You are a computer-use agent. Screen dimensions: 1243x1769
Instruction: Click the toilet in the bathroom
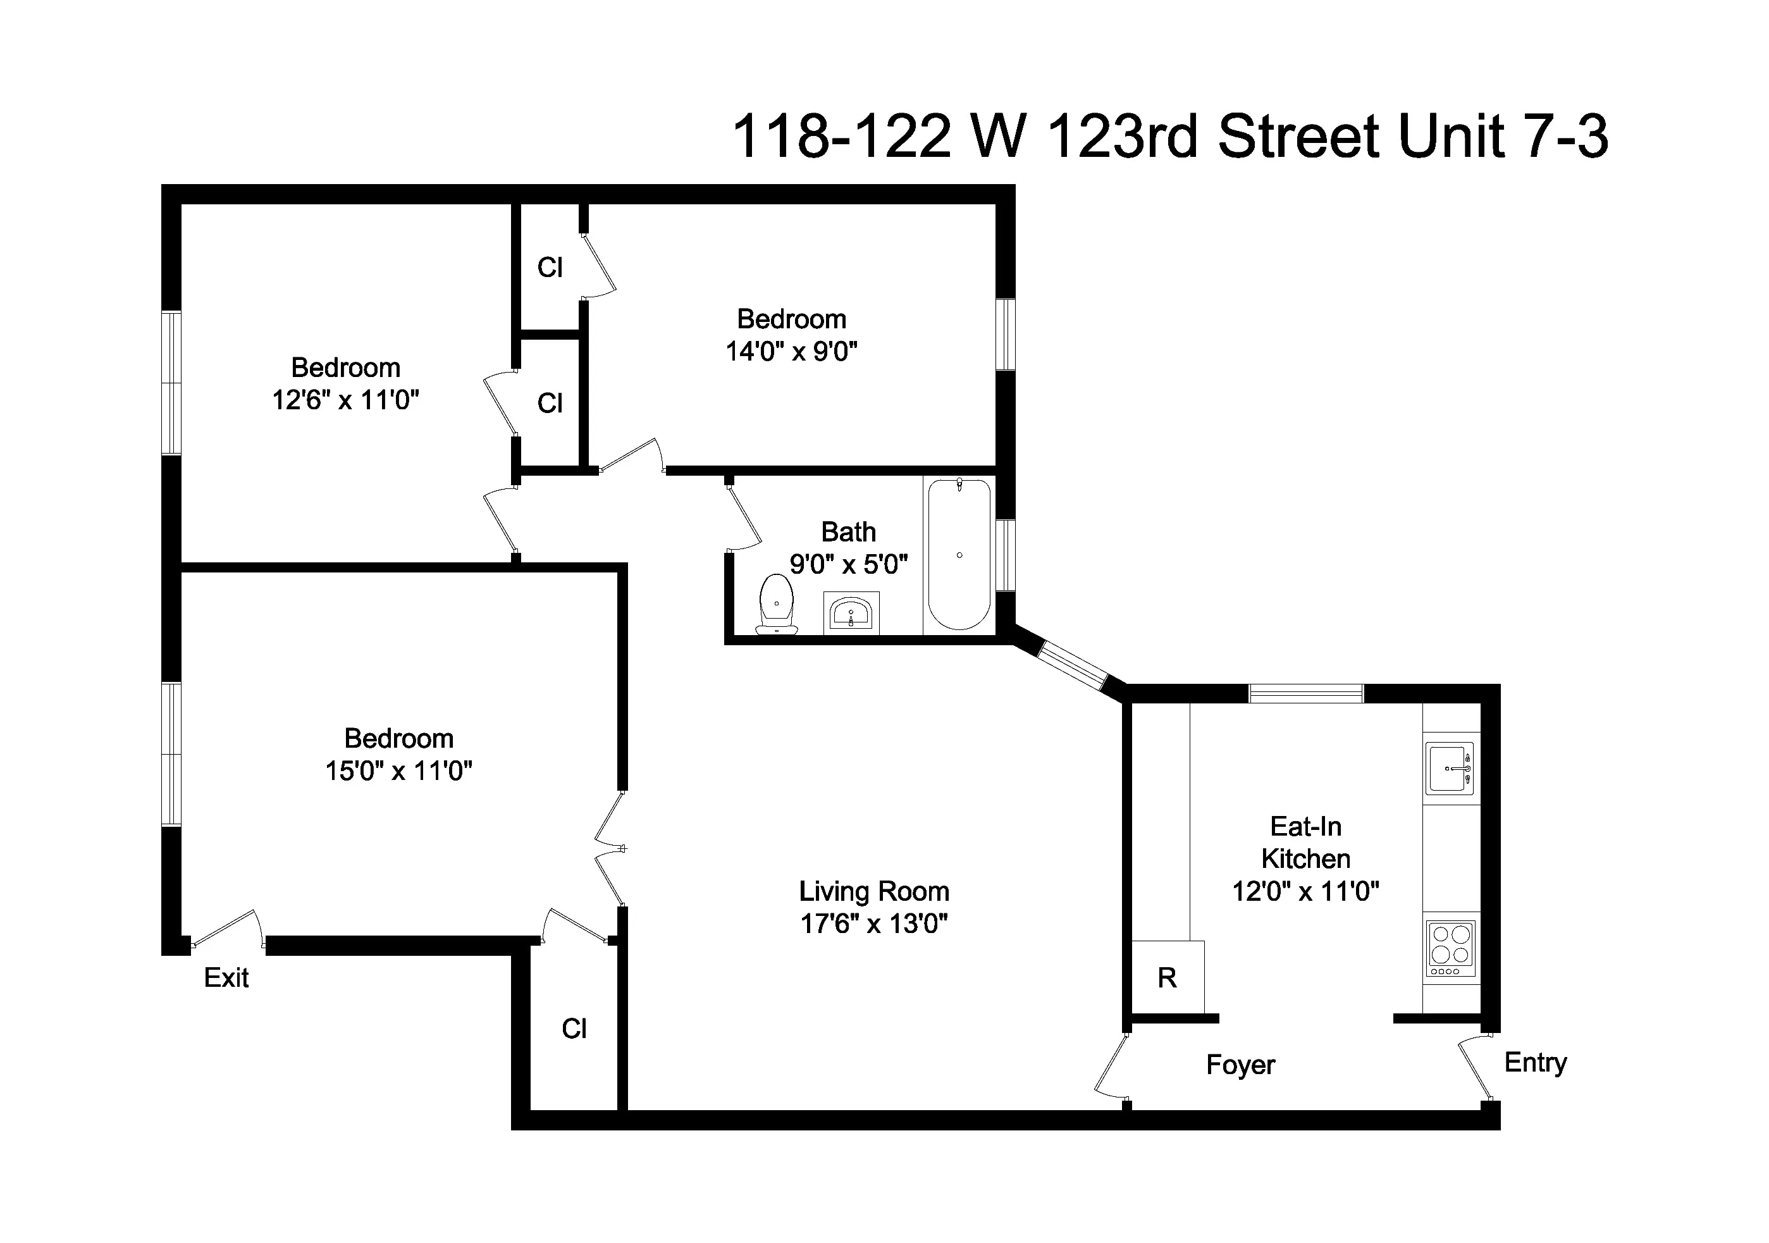[x=776, y=605]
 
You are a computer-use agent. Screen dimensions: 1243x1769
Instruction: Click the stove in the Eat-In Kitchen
[x=1452, y=949]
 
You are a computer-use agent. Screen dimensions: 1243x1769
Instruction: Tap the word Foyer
[x=1240, y=1065]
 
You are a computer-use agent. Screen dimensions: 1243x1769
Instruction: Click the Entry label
[x=1535, y=1063]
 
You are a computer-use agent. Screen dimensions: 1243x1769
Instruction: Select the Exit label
[x=226, y=978]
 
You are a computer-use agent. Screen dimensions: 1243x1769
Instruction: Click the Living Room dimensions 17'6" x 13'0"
[x=873, y=923]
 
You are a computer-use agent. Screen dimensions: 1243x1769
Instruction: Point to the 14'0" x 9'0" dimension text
[x=791, y=352]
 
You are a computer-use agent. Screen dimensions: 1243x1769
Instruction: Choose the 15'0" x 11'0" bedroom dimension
[x=398, y=770]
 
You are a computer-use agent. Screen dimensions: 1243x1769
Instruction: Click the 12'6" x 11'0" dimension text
[x=345, y=400]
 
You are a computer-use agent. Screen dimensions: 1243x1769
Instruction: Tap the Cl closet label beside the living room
[x=574, y=1029]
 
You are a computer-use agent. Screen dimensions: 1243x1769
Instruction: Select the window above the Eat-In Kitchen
[x=1305, y=693]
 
